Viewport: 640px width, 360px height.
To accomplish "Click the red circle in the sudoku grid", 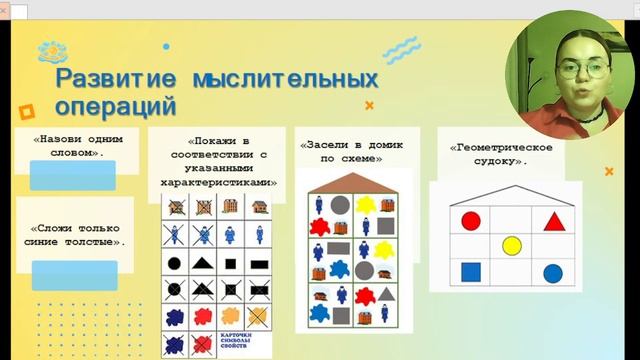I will pos(470,220).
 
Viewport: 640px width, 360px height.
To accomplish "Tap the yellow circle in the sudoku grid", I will pos(511,245).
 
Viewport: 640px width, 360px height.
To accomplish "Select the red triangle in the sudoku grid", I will pos(553,221).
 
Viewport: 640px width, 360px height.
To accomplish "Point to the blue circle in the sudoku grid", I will pos(552,273).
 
